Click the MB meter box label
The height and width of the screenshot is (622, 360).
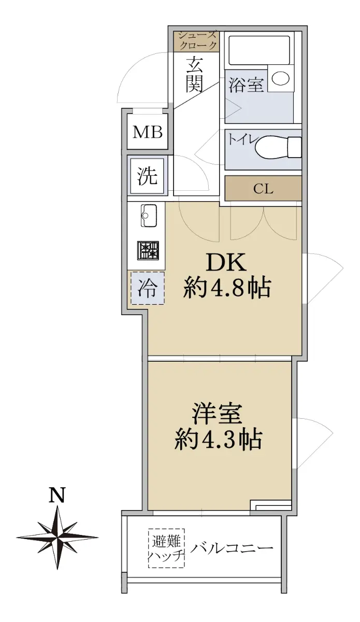[x=148, y=132]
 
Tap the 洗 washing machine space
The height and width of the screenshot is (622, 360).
[x=148, y=176]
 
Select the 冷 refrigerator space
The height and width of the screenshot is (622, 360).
[x=148, y=288]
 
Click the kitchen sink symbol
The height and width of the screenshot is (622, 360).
[x=149, y=216]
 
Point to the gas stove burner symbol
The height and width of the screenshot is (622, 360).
[x=148, y=250]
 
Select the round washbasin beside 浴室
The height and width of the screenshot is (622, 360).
[x=281, y=78]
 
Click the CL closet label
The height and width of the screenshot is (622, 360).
[x=263, y=189]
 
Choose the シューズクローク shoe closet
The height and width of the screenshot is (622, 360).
[x=196, y=41]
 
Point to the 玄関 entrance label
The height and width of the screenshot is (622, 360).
[x=194, y=75]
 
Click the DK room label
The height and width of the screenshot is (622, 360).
[x=226, y=262]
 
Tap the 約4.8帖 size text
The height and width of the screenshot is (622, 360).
[x=226, y=288]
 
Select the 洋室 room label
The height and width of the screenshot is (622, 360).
[x=218, y=414]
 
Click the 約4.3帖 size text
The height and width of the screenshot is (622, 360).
[x=218, y=440]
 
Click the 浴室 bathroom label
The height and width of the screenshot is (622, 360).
[x=246, y=84]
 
